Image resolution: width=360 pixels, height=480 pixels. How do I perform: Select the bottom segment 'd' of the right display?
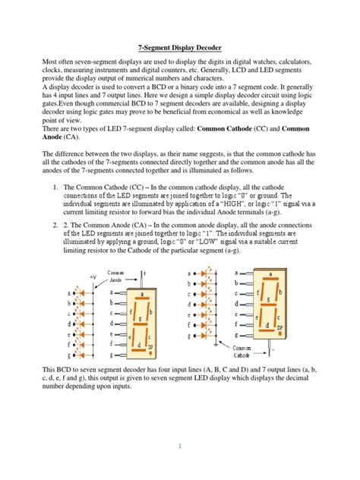264,325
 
